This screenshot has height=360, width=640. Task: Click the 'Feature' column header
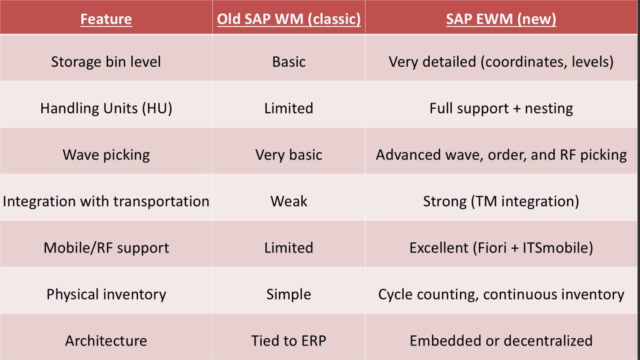[x=106, y=19]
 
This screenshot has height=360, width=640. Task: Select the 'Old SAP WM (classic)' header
[x=289, y=19]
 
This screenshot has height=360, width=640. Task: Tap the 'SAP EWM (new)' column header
[x=501, y=19]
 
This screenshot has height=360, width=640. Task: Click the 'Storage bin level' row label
[x=106, y=62]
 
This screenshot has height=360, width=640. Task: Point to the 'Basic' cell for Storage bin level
[x=289, y=62]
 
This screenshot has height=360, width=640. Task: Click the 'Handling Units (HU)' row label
[x=106, y=108]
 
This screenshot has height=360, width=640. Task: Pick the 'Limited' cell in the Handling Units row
[x=289, y=108]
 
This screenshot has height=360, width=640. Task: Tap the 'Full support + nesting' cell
[x=501, y=108]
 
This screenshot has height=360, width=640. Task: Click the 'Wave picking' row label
[x=106, y=155]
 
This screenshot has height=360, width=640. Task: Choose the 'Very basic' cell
[x=289, y=155]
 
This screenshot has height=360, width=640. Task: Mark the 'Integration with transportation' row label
[x=106, y=201]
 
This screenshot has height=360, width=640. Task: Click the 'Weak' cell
[x=289, y=201]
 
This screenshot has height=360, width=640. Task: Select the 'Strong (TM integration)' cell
[x=501, y=201]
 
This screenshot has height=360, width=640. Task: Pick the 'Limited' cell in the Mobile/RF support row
[x=289, y=248]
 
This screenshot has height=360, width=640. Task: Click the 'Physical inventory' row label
[x=106, y=294]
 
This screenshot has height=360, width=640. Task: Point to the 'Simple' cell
[x=289, y=294]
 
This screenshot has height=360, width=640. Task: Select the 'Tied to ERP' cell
[x=289, y=341]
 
